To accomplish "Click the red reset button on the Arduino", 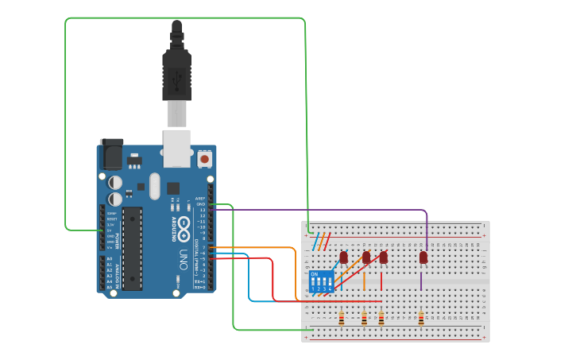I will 205,159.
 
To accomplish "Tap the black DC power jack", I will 111,154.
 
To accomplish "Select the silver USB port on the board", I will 177,148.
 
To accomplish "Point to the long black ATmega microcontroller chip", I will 132,248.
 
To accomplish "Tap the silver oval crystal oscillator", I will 154,187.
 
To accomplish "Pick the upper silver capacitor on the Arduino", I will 116,182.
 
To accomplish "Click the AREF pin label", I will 201,198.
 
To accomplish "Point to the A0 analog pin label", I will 109,258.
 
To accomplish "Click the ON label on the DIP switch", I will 315,274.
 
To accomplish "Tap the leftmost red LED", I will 344,257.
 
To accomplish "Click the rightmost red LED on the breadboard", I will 423,257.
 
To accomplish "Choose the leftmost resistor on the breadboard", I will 342,319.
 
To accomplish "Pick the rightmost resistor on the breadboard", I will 421,319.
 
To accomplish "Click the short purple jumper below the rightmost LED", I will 421,281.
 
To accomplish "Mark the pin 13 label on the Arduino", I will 203,210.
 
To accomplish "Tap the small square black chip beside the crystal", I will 172,188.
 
